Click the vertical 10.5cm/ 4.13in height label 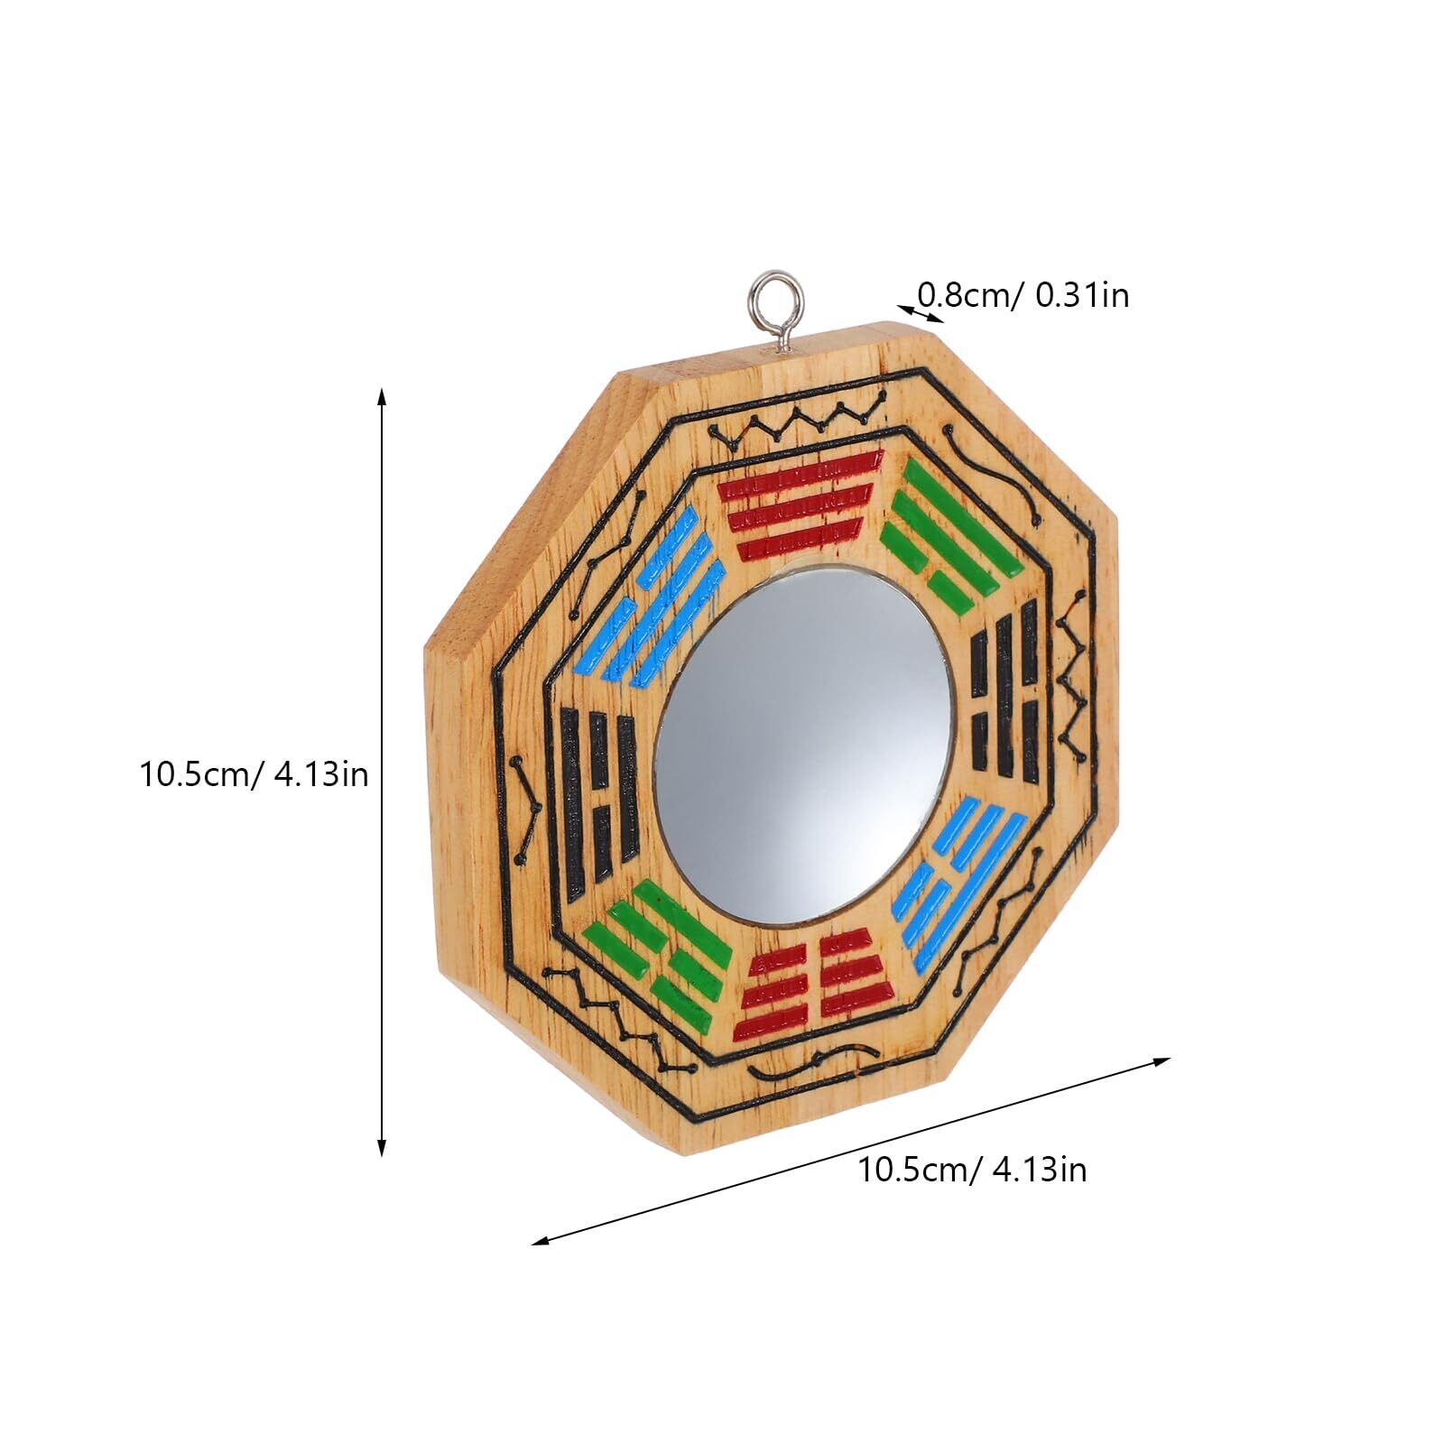(254, 773)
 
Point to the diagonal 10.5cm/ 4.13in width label (972, 1170)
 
